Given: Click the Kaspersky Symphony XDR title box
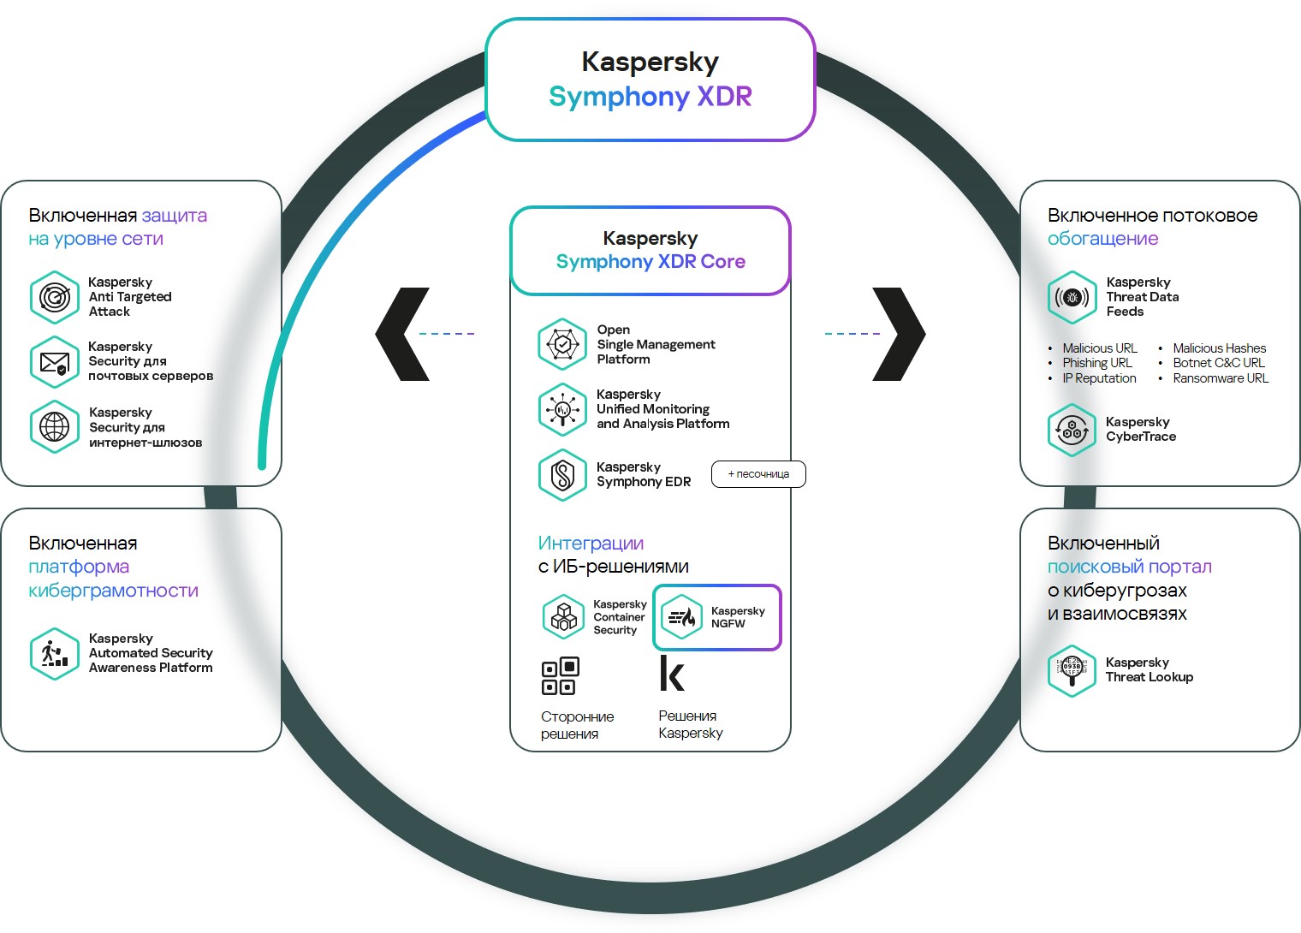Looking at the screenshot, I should pyautogui.click(x=650, y=80).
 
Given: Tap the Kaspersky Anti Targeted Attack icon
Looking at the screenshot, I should pyautogui.click(x=54, y=297).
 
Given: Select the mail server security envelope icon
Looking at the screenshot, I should pyautogui.click(x=54, y=361).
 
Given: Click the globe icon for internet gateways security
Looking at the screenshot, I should pyautogui.click(x=54, y=426).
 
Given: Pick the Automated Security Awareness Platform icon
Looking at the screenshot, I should pyautogui.click(x=54, y=653).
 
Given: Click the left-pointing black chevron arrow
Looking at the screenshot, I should pyautogui.click(x=402, y=334).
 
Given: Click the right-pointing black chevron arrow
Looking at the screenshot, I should pyautogui.click(x=899, y=334).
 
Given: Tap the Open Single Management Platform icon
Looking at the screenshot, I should pyautogui.click(x=562, y=344).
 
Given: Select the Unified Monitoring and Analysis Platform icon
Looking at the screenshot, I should pyautogui.click(x=562, y=409).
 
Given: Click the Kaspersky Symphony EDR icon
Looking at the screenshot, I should pyautogui.click(x=562, y=474).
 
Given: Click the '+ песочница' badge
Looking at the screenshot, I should pyautogui.click(x=758, y=474).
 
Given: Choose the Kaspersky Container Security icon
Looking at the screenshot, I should pyautogui.click(x=563, y=616).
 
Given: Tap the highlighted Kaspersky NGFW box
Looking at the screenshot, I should pyautogui.click(x=717, y=617).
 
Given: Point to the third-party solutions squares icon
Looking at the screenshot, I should pyautogui.click(x=561, y=675).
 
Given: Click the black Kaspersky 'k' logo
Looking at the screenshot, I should pyautogui.click(x=672, y=674).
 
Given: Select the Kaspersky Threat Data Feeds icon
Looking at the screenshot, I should pyautogui.click(x=1072, y=297).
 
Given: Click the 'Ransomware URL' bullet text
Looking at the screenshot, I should pyautogui.click(x=1221, y=378).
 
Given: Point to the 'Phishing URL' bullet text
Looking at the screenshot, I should pyautogui.click(x=1097, y=363).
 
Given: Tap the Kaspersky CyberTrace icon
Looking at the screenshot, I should pyautogui.click(x=1072, y=430).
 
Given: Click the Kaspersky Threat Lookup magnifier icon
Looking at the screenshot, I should pyautogui.click(x=1072, y=670).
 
